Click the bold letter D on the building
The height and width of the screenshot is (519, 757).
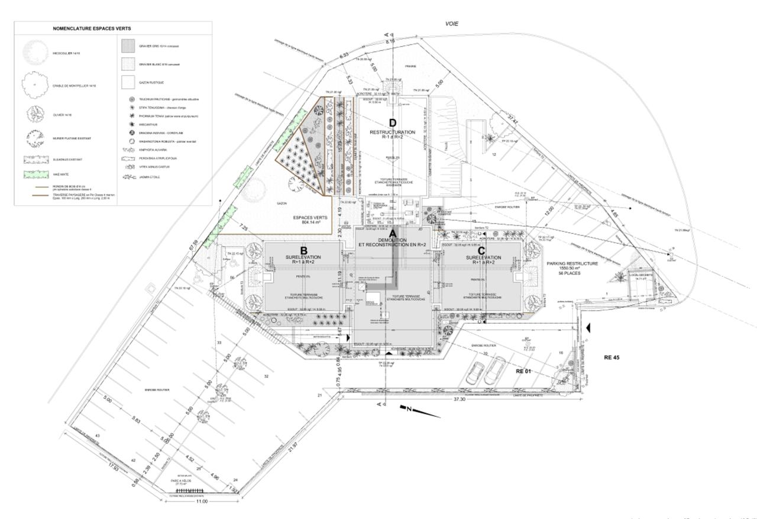[392, 123]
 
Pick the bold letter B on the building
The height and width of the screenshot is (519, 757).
[303, 250]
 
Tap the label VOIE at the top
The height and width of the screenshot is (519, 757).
[452, 24]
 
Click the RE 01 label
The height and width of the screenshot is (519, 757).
[525, 371]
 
